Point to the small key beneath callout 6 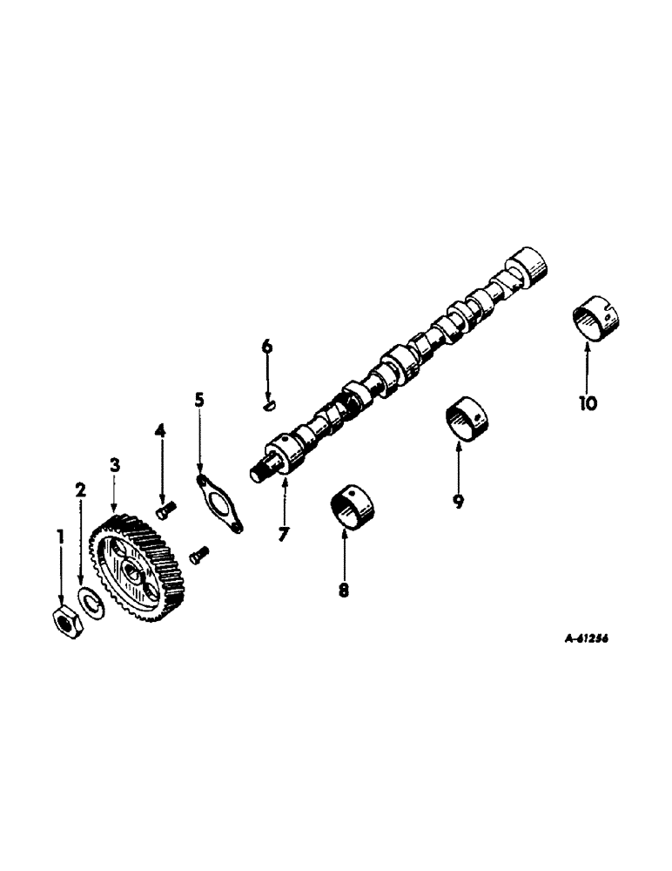click(269, 403)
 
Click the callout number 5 click(199, 400)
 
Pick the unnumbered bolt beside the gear click(199, 551)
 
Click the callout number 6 click(267, 347)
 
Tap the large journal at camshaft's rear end click(528, 265)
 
